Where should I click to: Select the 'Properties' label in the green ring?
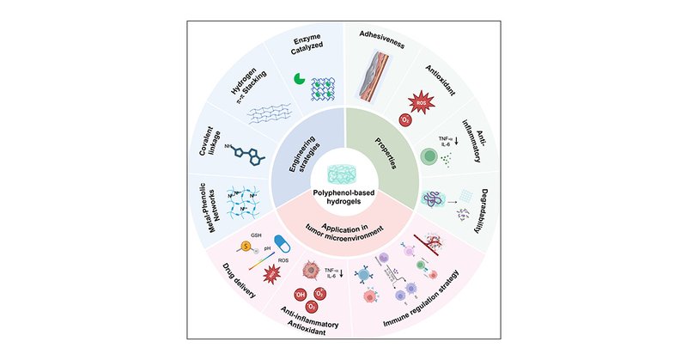point(386,148)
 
